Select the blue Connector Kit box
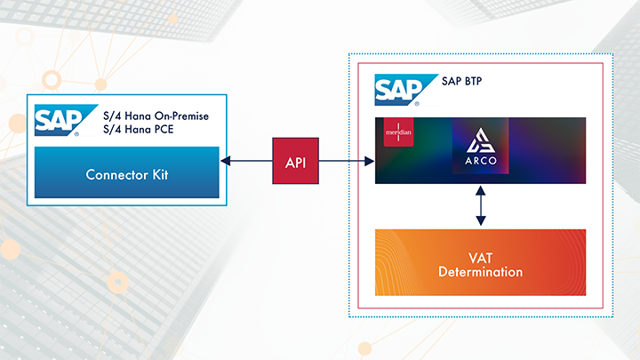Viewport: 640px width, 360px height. coord(127,172)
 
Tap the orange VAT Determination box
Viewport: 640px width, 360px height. coord(480,262)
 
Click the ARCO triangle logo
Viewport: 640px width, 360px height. coord(480,142)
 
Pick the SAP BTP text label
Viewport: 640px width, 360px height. coord(468,85)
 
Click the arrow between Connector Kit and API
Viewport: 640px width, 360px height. coord(246,161)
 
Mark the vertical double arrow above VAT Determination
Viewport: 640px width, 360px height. coord(480,205)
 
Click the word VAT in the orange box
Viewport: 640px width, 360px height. coord(480,254)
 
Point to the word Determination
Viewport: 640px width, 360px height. coord(480,271)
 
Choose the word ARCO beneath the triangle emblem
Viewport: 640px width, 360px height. coord(480,163)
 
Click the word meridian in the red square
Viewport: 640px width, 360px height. coord(392,135)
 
